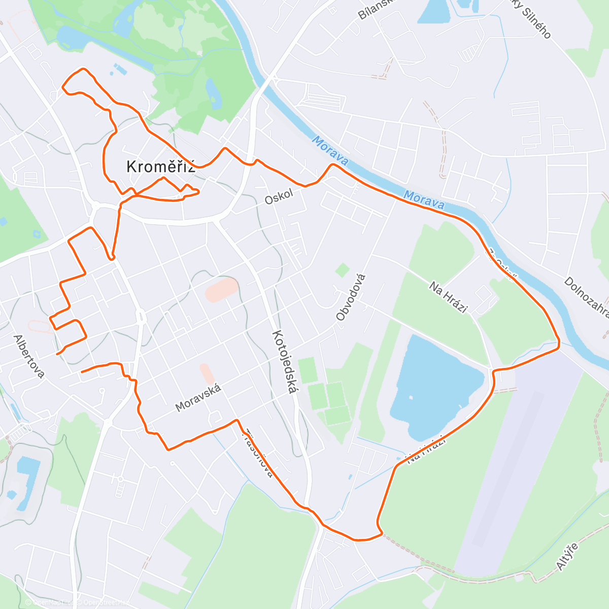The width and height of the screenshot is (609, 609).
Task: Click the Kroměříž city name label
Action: (x=160, y=166)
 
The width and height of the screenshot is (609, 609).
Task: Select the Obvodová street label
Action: (x=351, y=297)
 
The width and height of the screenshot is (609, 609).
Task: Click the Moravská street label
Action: (x=198, y=397)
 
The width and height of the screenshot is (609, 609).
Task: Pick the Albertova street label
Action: (x=29, y=356)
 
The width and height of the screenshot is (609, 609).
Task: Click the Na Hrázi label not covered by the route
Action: (x=448, y=297)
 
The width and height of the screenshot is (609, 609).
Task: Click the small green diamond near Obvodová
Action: (x=343, y=270)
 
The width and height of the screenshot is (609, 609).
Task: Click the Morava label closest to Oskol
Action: (x=330, y=150)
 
